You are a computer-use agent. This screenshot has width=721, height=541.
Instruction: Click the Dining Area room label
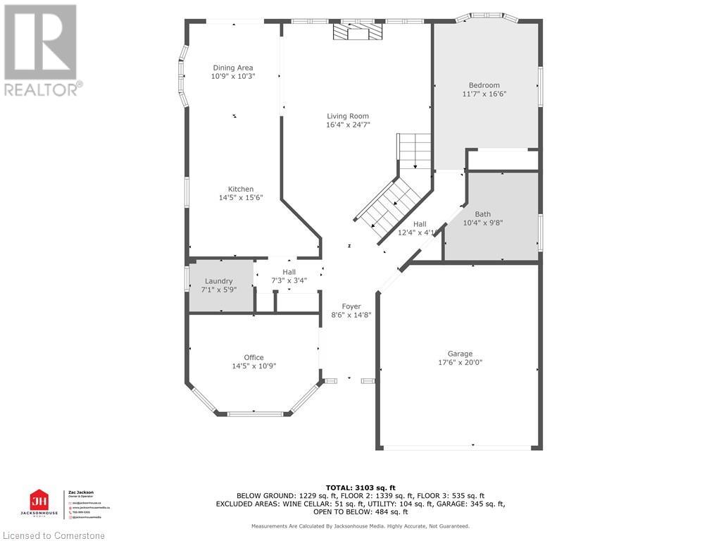(x=233, y=68)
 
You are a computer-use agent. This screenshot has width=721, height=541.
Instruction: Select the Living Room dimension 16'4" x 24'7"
(x=348, y=125)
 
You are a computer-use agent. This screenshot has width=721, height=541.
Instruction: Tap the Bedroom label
(x=484, y=85)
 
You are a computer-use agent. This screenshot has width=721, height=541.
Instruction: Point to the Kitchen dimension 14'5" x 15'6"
(x=240, y=198)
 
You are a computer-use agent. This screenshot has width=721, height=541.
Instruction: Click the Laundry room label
(x=219, y=281)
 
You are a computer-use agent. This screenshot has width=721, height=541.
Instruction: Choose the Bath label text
(x=483, y=214)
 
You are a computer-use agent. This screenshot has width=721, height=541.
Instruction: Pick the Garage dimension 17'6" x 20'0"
(x=460, y=363)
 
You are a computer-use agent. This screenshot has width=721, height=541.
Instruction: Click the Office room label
(x=253, y=357)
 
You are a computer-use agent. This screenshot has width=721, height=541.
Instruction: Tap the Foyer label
(x=351, y=306)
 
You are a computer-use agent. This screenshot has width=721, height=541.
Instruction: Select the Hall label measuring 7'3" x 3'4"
(x=289, y=272)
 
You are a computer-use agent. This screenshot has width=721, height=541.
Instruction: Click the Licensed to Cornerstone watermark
(x=53, y=535)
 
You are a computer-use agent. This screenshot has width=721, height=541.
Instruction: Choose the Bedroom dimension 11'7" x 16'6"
(x=484, y=94)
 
